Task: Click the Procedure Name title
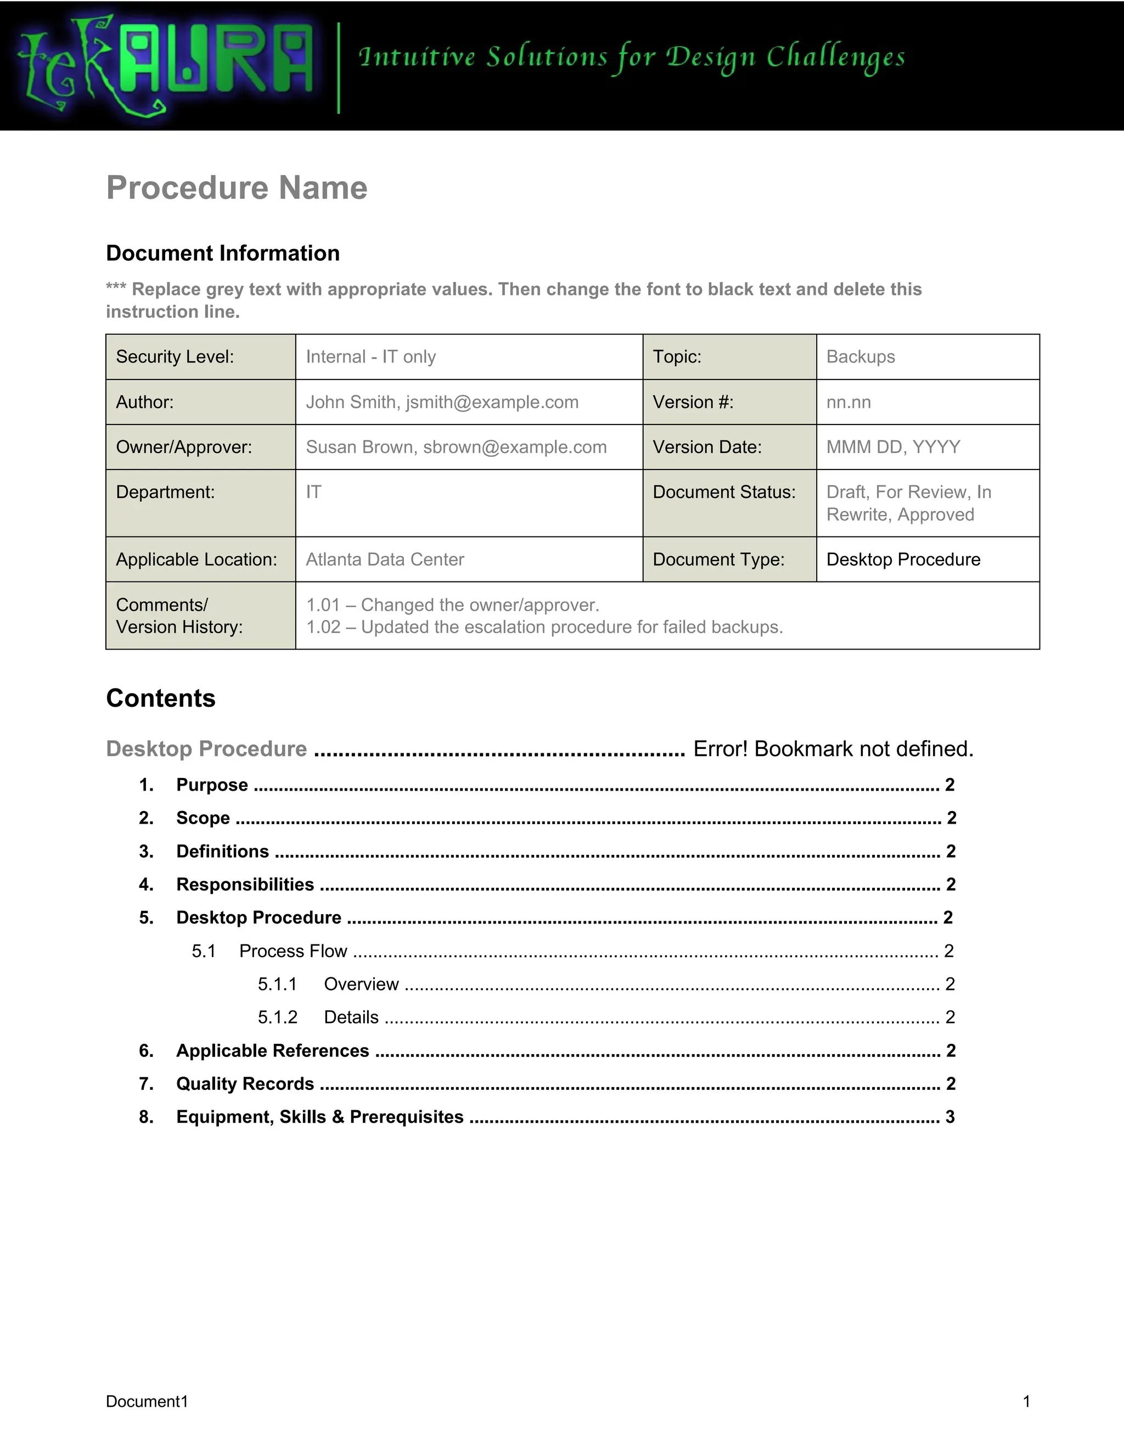(x=237, y=187)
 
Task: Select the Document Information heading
(x=222, y=253)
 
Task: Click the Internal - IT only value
(x=370, y=357)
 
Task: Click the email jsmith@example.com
(x=492, y=402)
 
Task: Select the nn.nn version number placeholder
(x=848, y=402)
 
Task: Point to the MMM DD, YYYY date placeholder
(x=893, y=447)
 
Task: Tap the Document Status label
(x=724, y=493)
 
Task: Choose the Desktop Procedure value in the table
(x=903, y=559)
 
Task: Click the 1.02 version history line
(x=544, y=628)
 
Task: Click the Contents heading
(x=160, y=698)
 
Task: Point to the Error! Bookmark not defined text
(x=833, y=749)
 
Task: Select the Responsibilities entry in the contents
(x=245, y=885)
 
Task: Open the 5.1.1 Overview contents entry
(x=361, y=984)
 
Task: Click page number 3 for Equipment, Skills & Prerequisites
(x=950, y=1117)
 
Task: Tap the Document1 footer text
(x=147, y=1402)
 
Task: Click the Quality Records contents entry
(x=245, y=1084)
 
